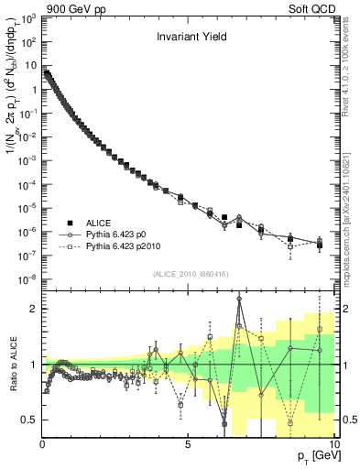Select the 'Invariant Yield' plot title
(191, 38)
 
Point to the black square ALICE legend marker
(70, 222)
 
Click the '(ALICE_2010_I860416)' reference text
(190, 275)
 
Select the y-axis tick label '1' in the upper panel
(33, 90)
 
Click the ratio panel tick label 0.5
(28, 420)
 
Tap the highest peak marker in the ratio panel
(239, 299)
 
